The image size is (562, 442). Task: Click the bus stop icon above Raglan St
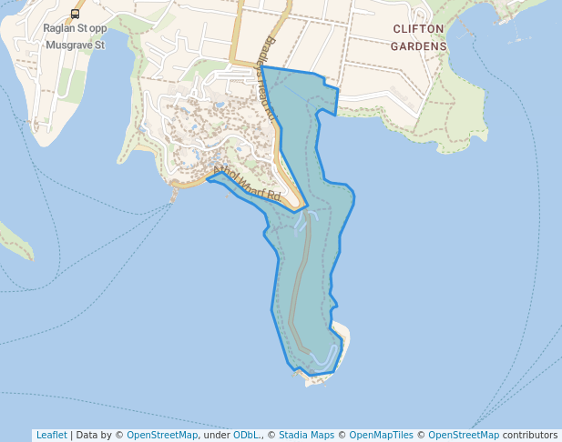[x=75, y=14]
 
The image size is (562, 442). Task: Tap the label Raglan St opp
[x=75, y=28]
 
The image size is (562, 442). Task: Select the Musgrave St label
[x=75, y=44]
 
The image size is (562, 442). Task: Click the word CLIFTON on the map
[x=418, y=29]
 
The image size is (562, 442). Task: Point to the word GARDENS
[x=419, y=45]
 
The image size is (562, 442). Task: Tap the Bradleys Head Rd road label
[x=267, y=83]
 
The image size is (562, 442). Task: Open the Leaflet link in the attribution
[x=51, y=436]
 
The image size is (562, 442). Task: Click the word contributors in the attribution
[x=530, y=436]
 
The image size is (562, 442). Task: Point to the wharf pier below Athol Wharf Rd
[x=174, y=194]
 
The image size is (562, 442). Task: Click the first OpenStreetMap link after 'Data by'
[x=162, y=436]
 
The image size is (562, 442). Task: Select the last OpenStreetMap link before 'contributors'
[x=464, y=436]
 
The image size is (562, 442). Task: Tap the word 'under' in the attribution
[x=216, y=436]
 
